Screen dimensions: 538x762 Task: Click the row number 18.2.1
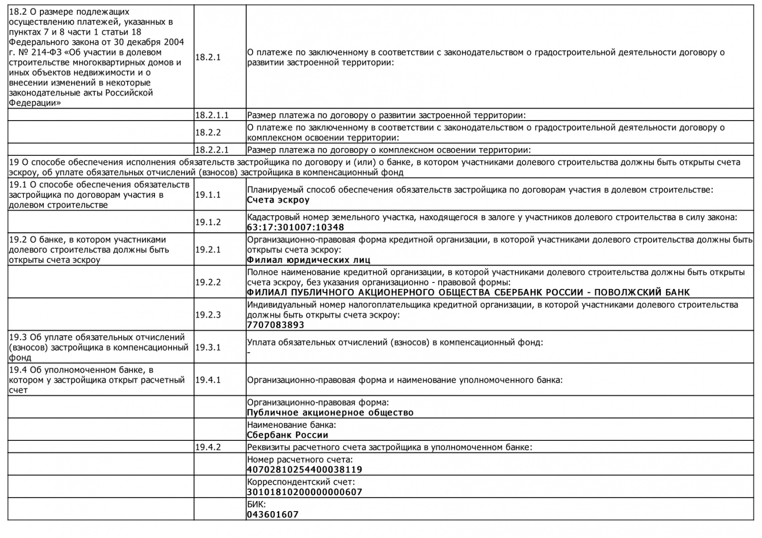coord(207,57)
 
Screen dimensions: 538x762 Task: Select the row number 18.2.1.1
coord(211,115)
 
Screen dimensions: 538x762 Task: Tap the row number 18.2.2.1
coord(211,149)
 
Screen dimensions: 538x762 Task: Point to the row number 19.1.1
coord(207,195)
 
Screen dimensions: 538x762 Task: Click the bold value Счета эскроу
coord(278,200)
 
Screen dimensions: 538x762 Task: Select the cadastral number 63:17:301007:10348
coord(296,228)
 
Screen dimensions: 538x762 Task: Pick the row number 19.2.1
coord(207,250)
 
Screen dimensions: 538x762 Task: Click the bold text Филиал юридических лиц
coord(308,260)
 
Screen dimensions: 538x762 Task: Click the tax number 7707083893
coord(276,325)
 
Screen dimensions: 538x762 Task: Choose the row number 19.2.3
coord(207,315)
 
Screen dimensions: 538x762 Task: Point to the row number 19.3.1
coord(207,347)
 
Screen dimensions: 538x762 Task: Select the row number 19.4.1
coord(207,380)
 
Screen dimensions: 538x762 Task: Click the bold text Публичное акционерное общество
coord(330,412)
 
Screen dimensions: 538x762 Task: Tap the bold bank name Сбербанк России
coord(288,435)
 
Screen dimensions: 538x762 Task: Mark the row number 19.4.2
coord(207,447)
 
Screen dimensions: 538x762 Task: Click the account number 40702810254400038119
coord(305,469)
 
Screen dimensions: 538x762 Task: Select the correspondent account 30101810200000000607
coord(305,492)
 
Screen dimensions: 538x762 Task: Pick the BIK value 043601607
coord(273,515)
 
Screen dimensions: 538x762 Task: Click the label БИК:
coord(257,504)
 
